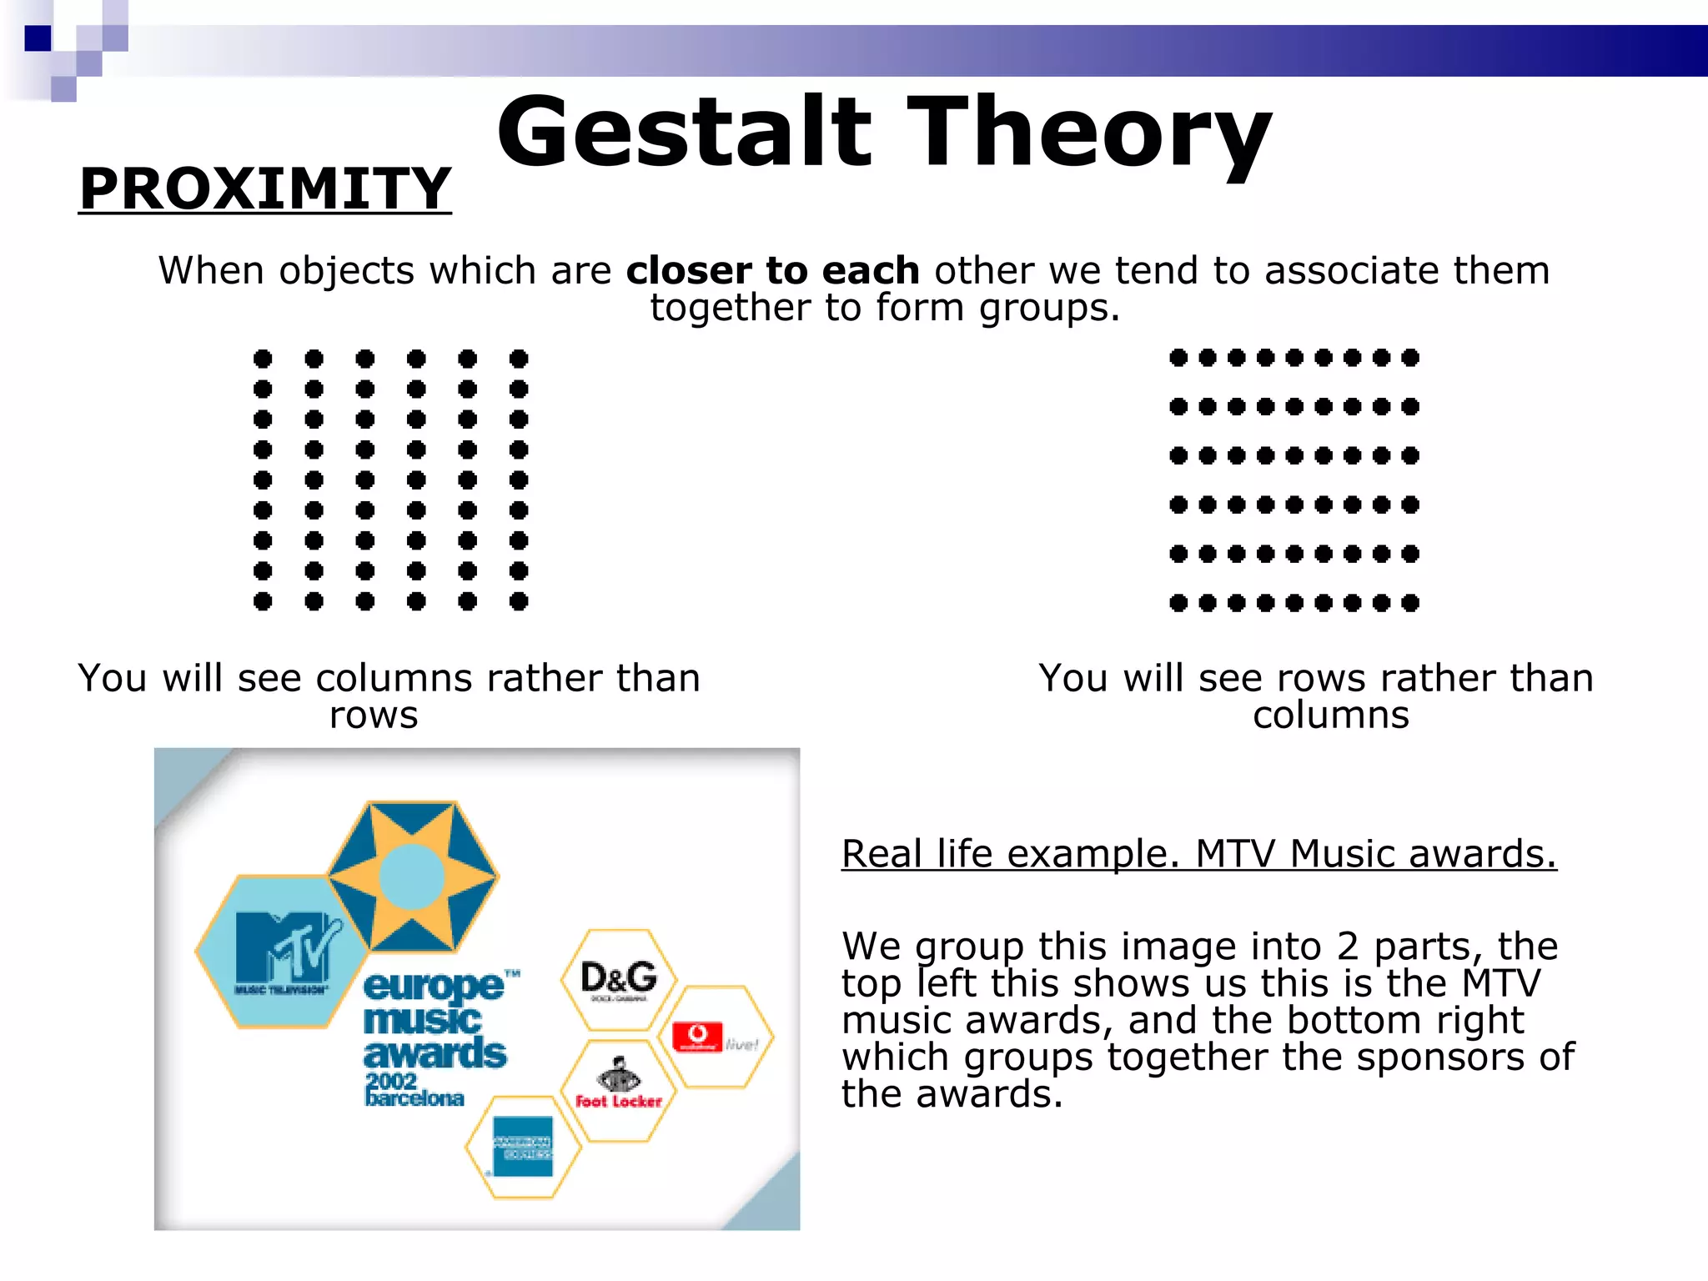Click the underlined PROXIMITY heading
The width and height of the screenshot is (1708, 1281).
(265, 189)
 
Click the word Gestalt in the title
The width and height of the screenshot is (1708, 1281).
(684, 132)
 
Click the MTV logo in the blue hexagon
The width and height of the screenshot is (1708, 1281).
(284, 951)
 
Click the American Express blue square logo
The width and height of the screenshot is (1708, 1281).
(523, 1146)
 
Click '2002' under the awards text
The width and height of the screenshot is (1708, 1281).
(390, 1081)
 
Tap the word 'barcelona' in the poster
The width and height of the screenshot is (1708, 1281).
(414, 1098)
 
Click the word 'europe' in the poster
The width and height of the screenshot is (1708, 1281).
(434, 987)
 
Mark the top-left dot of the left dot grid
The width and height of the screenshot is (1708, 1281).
(263, 359)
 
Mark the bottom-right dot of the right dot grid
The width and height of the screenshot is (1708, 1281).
(1410, 603)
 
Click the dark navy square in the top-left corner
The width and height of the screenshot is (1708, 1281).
(38, 38)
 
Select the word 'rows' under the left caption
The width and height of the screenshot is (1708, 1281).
(373, 716)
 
